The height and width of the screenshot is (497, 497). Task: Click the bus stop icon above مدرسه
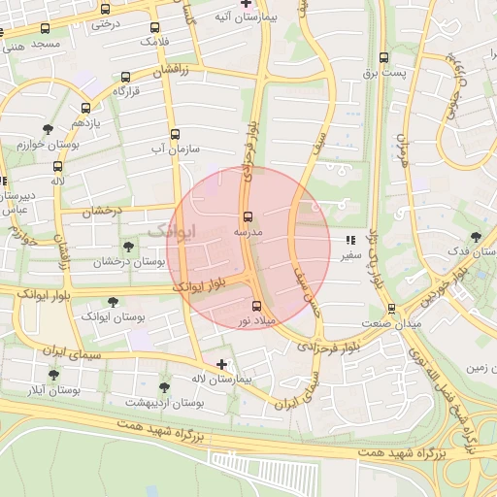pyautogui.click(x=247, y=215)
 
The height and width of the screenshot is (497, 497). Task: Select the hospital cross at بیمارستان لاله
pyautogui.click(x=222, y=365)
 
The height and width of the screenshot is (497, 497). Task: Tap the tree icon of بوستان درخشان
pyautogui.click(x=129, y=247)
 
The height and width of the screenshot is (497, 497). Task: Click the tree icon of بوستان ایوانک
pyautogui.click(x=114, y=302)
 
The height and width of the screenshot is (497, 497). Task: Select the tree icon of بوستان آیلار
pyautogui.click(x=53, y=375)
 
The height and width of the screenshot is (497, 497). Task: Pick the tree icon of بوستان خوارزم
pyautogui.click(x=48, y=128)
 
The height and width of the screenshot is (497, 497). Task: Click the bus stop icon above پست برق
pyautogui.click(x=383, y=57)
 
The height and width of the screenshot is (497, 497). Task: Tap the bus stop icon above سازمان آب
pyautogui.click(x=175, y=134)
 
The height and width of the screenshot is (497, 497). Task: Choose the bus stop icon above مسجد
pyautogui.click(x=45, y=29)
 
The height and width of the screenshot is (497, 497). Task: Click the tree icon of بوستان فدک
pyautogui.click(x=475, y=236)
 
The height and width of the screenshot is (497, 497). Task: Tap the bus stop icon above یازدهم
pyautogui.click(x=85, y=109)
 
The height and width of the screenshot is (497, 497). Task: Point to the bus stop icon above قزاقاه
pyautogui.click(x=126, y=77)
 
